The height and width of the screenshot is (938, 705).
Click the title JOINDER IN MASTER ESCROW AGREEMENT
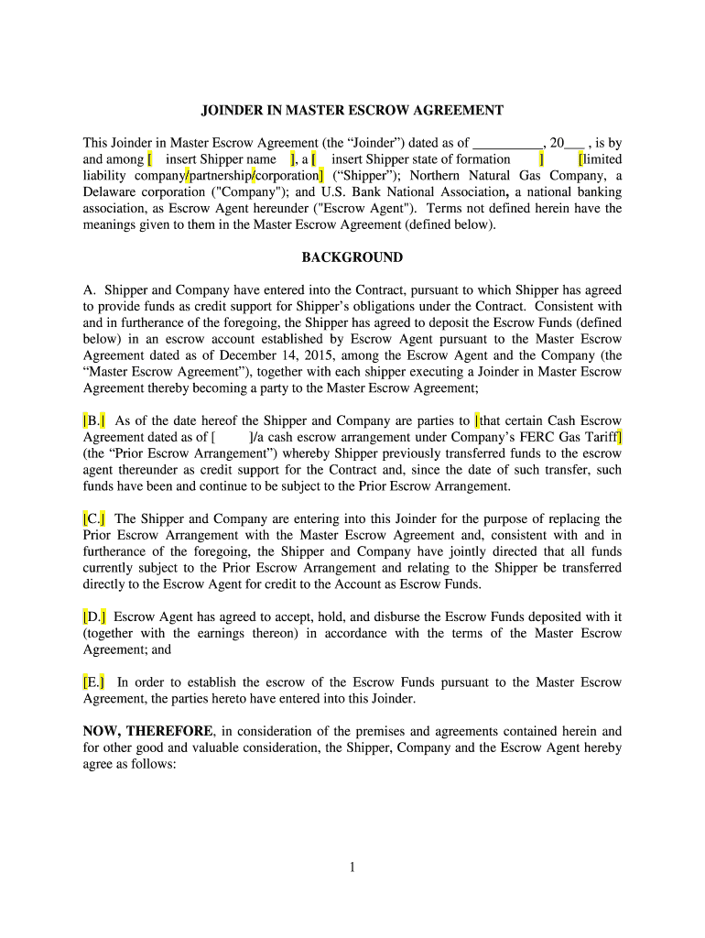[x=352, y=111]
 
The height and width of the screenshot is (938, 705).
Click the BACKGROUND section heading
[x=352, y=257]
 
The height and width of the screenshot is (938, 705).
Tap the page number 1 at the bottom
[x=352, y=867]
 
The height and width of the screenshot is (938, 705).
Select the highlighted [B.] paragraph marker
[x=94, y=420]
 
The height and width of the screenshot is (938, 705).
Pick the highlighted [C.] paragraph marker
[x=94, y=518]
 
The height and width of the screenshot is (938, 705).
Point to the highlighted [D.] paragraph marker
[x=94, y=616]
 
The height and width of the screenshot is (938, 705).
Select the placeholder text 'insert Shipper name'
[x=221, y=159]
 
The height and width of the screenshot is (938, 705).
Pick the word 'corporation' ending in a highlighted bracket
[x=289, y=176]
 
